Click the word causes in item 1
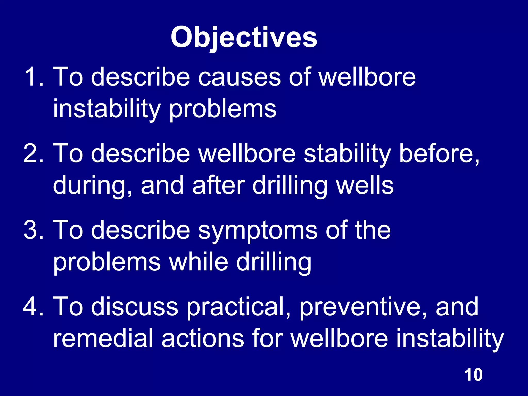point(239,77)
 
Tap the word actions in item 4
point(203,339)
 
